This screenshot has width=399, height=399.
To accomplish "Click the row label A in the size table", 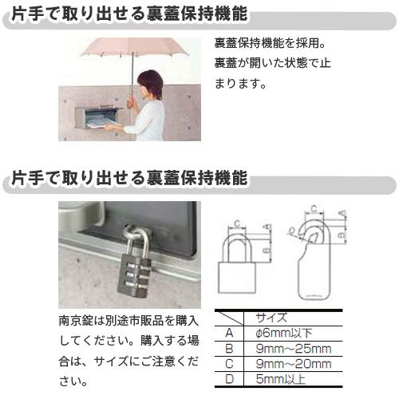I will click(229, 331).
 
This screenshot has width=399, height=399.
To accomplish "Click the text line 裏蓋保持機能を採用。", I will click(271, 44).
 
